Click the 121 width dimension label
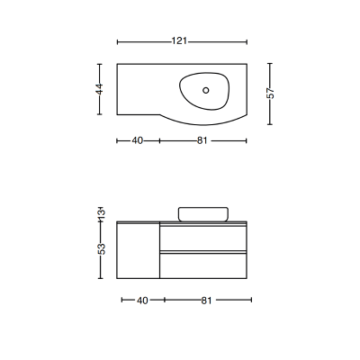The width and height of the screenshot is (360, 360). click(x=180, y=41)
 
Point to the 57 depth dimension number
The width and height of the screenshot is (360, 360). click(x=270, y=94)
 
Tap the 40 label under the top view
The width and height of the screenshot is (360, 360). click(x=138, y=140)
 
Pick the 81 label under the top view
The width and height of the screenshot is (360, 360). click(x=203, y=140)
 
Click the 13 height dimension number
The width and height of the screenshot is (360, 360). click(x=101, y=213)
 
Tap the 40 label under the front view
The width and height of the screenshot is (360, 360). click(x=142, y=301)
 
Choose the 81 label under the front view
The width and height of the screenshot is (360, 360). click(x=207, y=301)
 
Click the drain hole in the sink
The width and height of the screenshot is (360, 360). click(x=206, y=89)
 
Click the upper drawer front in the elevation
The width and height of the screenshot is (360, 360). click(x=202, y=237)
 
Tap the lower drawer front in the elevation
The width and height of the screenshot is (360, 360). click(x=202, y=265)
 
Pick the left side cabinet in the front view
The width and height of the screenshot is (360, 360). click(x=138, y=251)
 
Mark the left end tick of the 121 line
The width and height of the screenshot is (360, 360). click(x=118, y=41)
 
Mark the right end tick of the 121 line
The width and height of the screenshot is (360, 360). click(x=247, y=41)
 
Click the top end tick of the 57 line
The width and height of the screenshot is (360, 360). click(x=270, y=63)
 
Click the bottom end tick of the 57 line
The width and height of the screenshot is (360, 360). click(x=270, y=125)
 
